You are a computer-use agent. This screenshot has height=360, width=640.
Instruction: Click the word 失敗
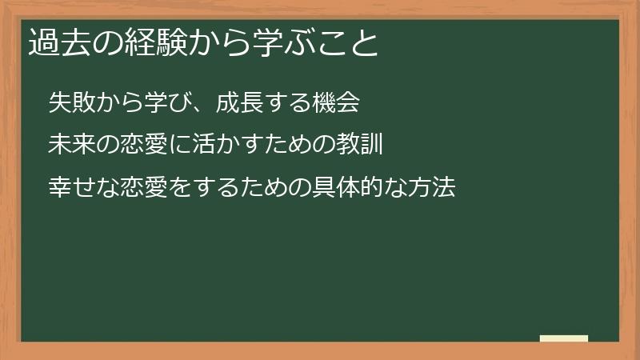point(70,103)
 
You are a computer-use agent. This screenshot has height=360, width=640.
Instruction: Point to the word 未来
point(70,146)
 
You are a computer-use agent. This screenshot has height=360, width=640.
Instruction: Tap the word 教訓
point(364,146)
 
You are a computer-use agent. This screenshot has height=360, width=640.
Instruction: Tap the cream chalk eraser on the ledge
point(564,338)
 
